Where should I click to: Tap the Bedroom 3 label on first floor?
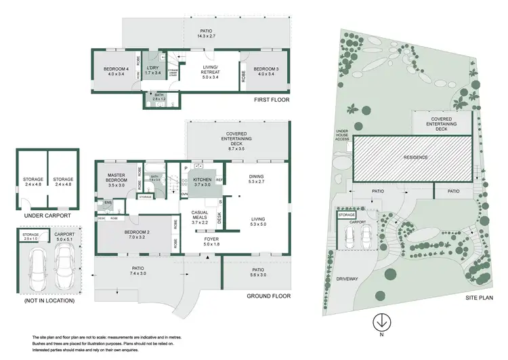coord(266,71)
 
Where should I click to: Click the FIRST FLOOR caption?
coord(271,100)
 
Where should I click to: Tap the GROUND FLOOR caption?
coord(269,296)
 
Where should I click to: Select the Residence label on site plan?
coord(417,157)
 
